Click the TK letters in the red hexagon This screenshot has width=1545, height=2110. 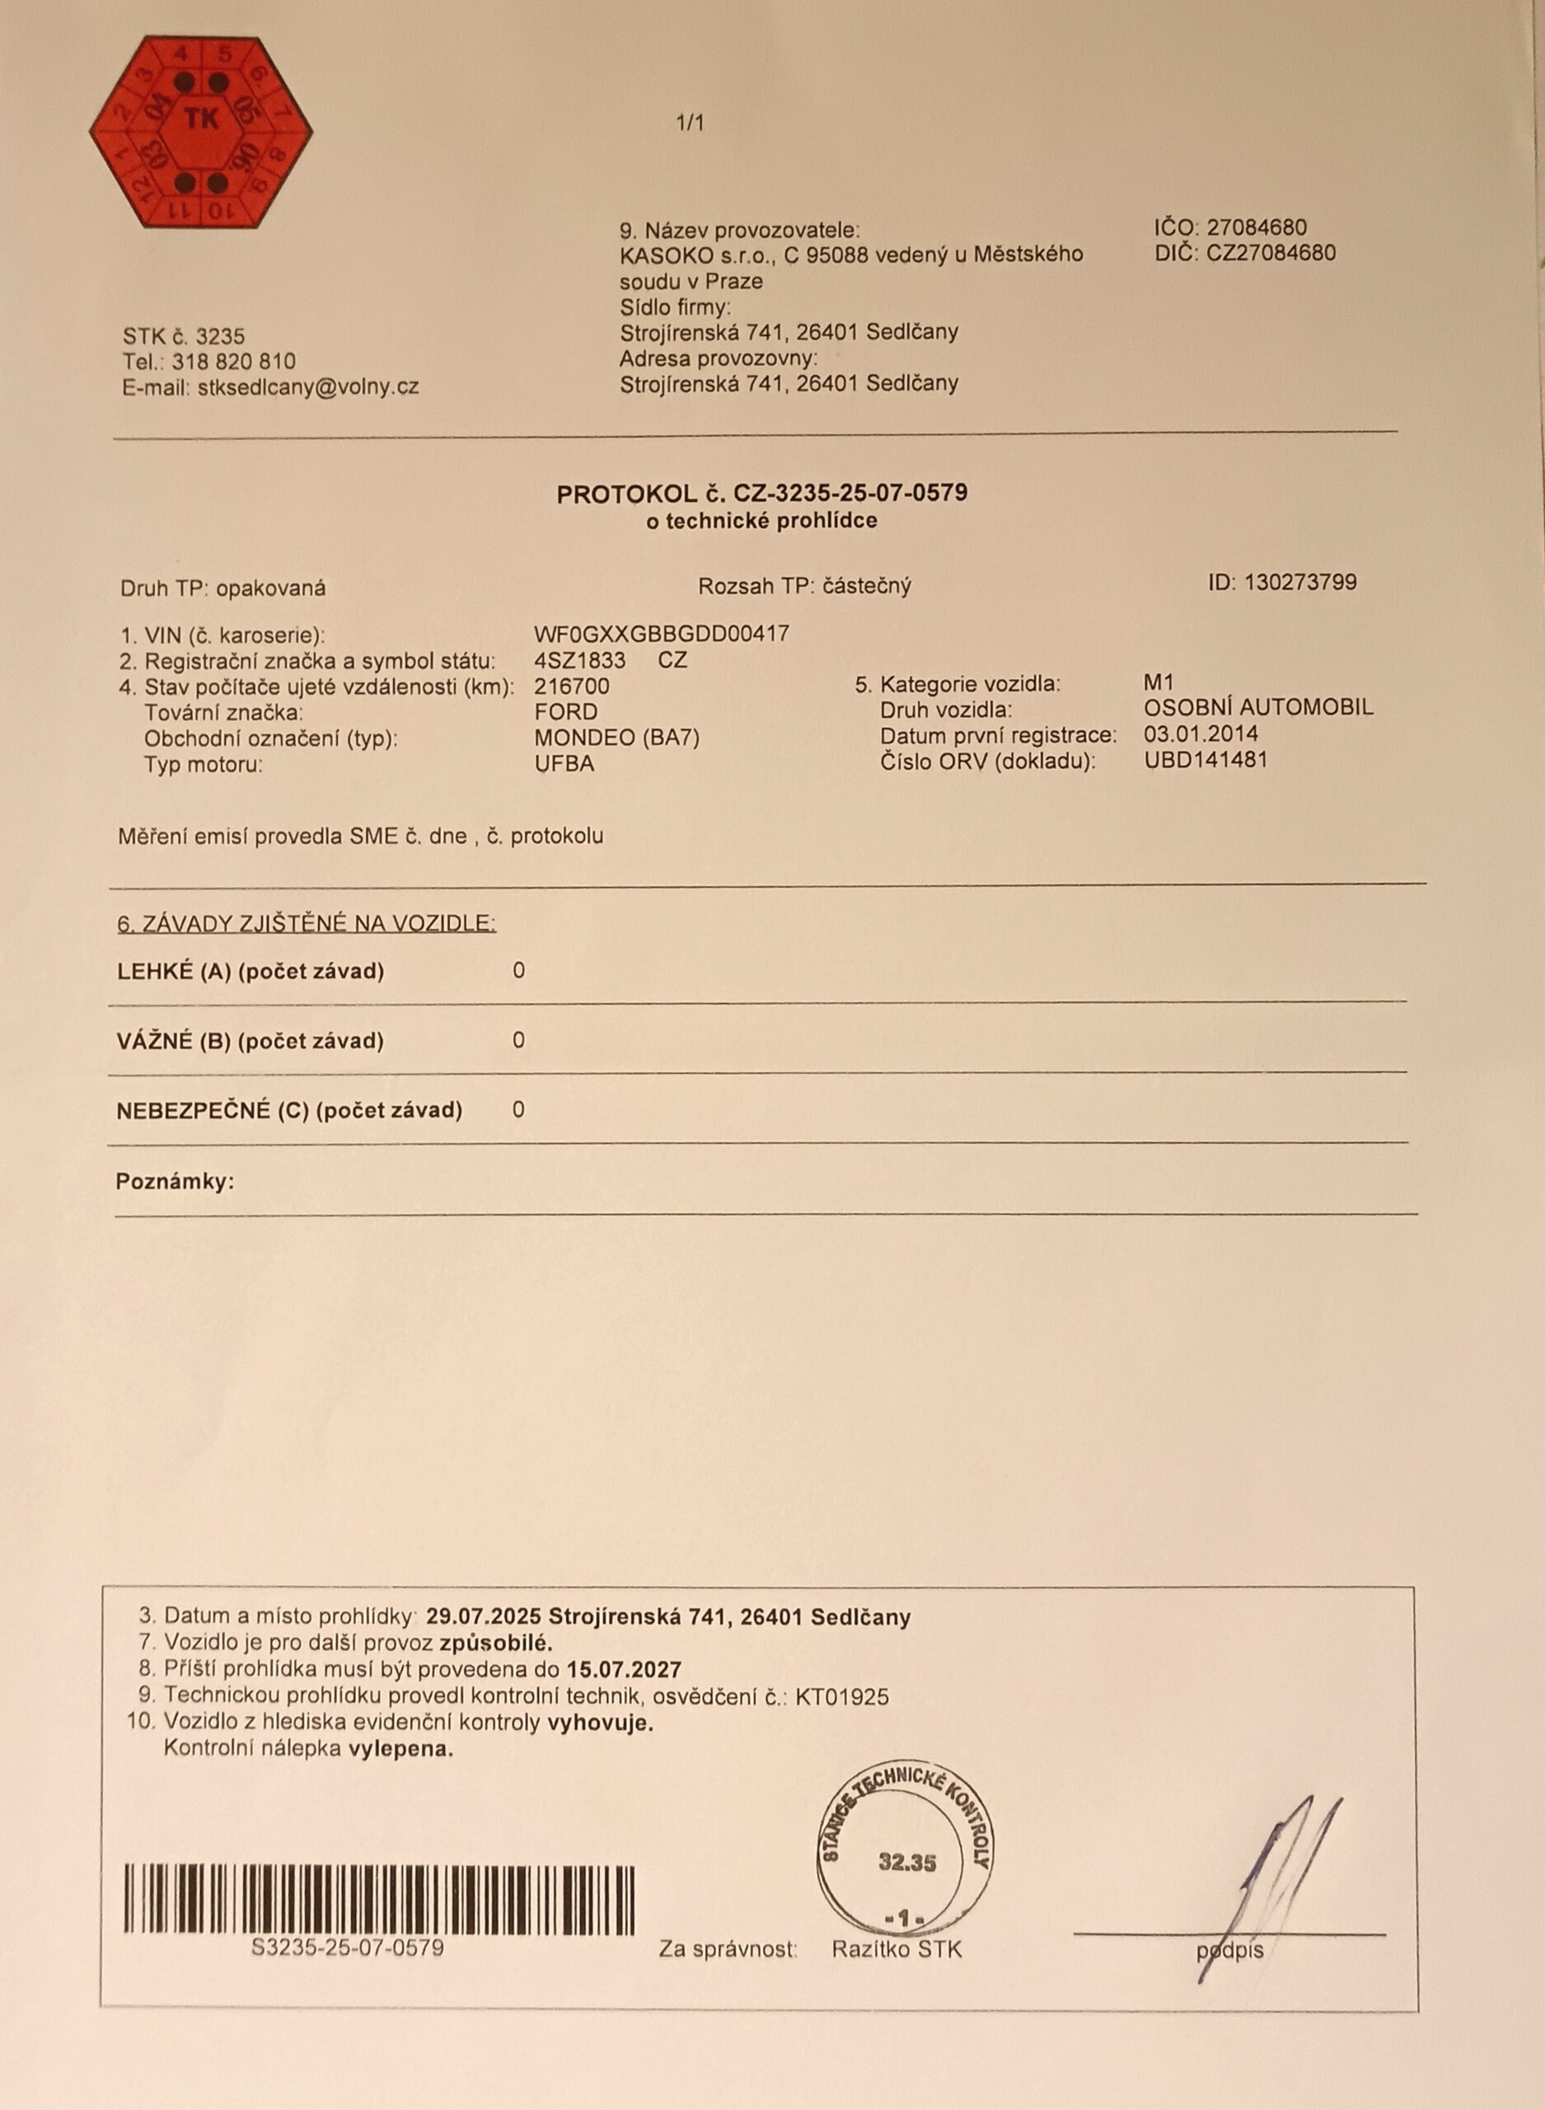point(201,119)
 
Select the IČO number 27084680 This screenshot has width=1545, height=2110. point(1256,227)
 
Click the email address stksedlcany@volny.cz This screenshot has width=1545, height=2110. point(307,387)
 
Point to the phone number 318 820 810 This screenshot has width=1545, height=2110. point(234,361)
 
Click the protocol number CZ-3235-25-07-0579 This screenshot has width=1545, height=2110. point(850,493)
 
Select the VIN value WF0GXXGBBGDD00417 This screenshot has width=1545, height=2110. point(661,634)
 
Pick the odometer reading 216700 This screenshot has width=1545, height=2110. point(571,687)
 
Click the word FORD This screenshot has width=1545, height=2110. point(565,712)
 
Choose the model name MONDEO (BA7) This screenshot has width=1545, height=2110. point(616,738)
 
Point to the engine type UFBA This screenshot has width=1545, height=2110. point(564,764)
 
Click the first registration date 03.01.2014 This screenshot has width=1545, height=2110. point(1201,734)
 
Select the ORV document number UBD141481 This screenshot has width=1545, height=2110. point(1206,759)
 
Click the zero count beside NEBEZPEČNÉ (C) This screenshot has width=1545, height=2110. point(519,1110)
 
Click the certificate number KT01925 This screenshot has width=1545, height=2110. point(841,1695)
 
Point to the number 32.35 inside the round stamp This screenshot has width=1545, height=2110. point(906,1863)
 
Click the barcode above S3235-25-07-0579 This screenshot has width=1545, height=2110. point(379,1899)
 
